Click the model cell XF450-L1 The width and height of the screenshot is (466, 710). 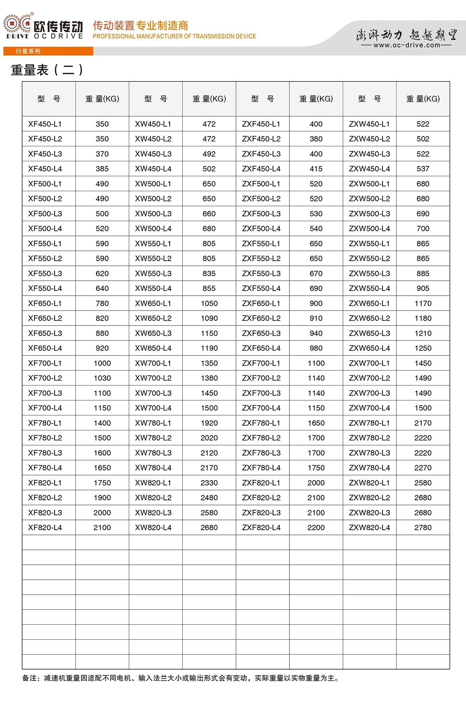[45, 124]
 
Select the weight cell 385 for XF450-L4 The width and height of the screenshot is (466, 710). [102, 169]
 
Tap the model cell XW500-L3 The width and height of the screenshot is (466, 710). [153, 213]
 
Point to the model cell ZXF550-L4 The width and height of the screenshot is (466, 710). [261, 288]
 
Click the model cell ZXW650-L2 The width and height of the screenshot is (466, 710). [369, 318]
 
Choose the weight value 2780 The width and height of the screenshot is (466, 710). [423, 527]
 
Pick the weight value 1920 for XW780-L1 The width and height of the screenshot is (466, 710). [209, 423]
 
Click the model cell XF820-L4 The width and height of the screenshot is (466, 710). [45, 527]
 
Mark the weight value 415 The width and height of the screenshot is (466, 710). [316, 169]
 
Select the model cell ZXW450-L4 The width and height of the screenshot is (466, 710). [369, 169]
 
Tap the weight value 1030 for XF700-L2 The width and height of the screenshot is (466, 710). [102, 378]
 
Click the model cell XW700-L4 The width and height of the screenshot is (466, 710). [153, 408]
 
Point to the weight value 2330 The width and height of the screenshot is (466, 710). [209, 482]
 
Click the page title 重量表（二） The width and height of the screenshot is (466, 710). [47, 70]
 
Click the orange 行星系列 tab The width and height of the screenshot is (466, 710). [28, 51]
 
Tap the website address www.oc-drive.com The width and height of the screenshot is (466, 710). [407, 45]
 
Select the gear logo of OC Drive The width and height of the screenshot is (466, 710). [17, 24]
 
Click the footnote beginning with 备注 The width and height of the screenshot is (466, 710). [181, 678]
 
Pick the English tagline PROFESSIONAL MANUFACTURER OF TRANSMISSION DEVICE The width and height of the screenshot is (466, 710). [174, 36]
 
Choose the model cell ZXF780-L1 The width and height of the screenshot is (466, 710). [261, 423]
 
